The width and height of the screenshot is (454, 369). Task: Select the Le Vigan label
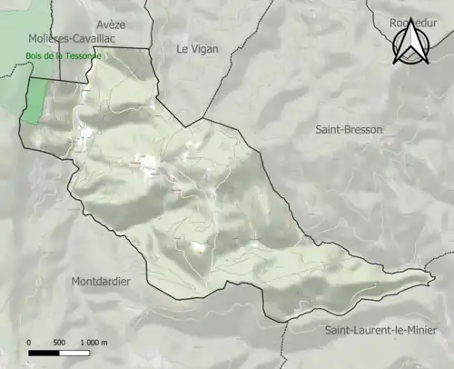click(197, 49)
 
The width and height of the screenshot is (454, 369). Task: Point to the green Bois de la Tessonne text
click(61, 55)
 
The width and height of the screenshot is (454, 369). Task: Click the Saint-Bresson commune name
click(350, 130)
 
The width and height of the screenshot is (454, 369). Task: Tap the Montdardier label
click(100, 282)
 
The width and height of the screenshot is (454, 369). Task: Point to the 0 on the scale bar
click(29, 342)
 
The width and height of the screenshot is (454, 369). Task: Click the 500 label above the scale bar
click(59, 342)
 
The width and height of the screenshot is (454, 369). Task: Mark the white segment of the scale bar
click(74, 351)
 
